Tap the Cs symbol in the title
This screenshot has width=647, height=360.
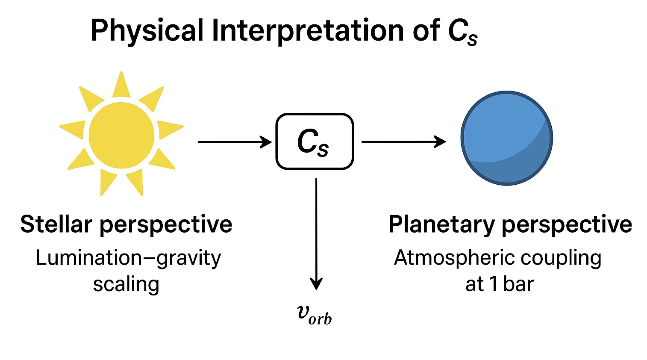462,32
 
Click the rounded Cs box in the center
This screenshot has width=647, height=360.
315,142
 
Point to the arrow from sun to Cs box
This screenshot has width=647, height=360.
235,142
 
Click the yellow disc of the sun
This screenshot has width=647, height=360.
121,135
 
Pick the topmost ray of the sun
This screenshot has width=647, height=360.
121,85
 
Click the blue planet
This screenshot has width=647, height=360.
506,138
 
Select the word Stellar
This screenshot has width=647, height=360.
56,224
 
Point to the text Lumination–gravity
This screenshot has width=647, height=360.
128,258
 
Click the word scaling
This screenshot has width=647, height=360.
126,284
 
